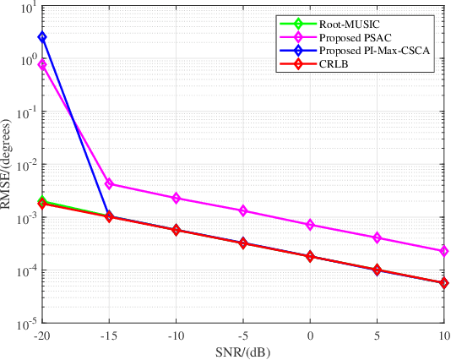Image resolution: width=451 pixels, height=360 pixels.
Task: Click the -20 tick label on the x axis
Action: (x=41, y=335)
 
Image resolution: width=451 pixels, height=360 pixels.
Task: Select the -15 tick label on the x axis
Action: (x=108, y=335)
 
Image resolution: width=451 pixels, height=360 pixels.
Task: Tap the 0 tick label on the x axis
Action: (x=310, y=335)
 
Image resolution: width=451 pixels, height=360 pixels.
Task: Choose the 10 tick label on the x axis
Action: (x=444, y=335)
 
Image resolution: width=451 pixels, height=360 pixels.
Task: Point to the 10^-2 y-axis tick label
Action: (x=24, y=165)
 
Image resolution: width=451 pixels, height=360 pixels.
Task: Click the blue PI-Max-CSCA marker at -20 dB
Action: (x=42, y=37)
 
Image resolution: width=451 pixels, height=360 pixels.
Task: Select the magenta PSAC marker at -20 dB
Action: (x=42, y=65)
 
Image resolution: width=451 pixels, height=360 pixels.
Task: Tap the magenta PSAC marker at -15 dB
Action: (x=109, y=183)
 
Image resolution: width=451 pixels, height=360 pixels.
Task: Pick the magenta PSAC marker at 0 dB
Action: (x=310, y=225)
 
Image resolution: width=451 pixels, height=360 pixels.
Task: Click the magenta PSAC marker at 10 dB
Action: (x=444, y=251)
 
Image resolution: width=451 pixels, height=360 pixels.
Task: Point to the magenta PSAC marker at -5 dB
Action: (x=243, y=210)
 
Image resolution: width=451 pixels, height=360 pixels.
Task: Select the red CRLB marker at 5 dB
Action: (x=378, y=270)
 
